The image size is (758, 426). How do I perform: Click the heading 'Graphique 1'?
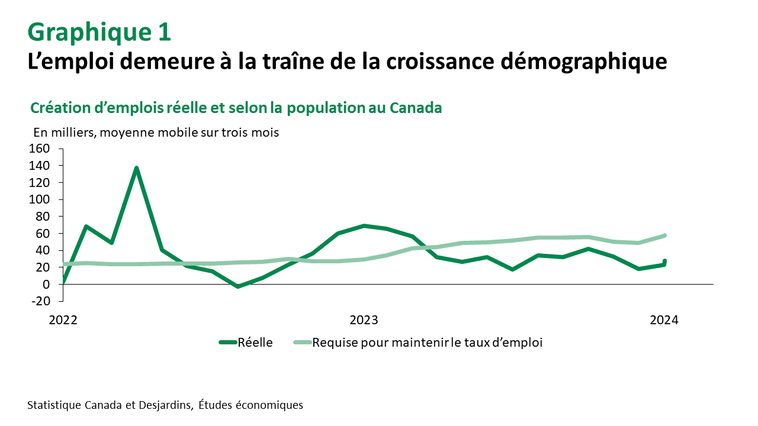pos(99,33)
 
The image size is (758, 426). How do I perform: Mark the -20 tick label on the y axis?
pos(40,301)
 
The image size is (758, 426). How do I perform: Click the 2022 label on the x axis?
pos(63,320)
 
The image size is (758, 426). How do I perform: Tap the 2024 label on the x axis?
pos(664,320)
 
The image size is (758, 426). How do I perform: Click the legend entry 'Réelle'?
pos(255,342)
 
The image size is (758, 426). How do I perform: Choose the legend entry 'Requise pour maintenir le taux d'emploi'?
pos(427,342)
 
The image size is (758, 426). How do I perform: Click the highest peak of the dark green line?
pos(137,169)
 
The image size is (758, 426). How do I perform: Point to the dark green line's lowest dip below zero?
pos(237,286)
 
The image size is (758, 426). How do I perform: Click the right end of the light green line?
pos(664,235)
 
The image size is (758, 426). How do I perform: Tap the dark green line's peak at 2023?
pos(364,226)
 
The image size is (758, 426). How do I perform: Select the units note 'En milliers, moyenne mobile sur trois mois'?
pos(156,133)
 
